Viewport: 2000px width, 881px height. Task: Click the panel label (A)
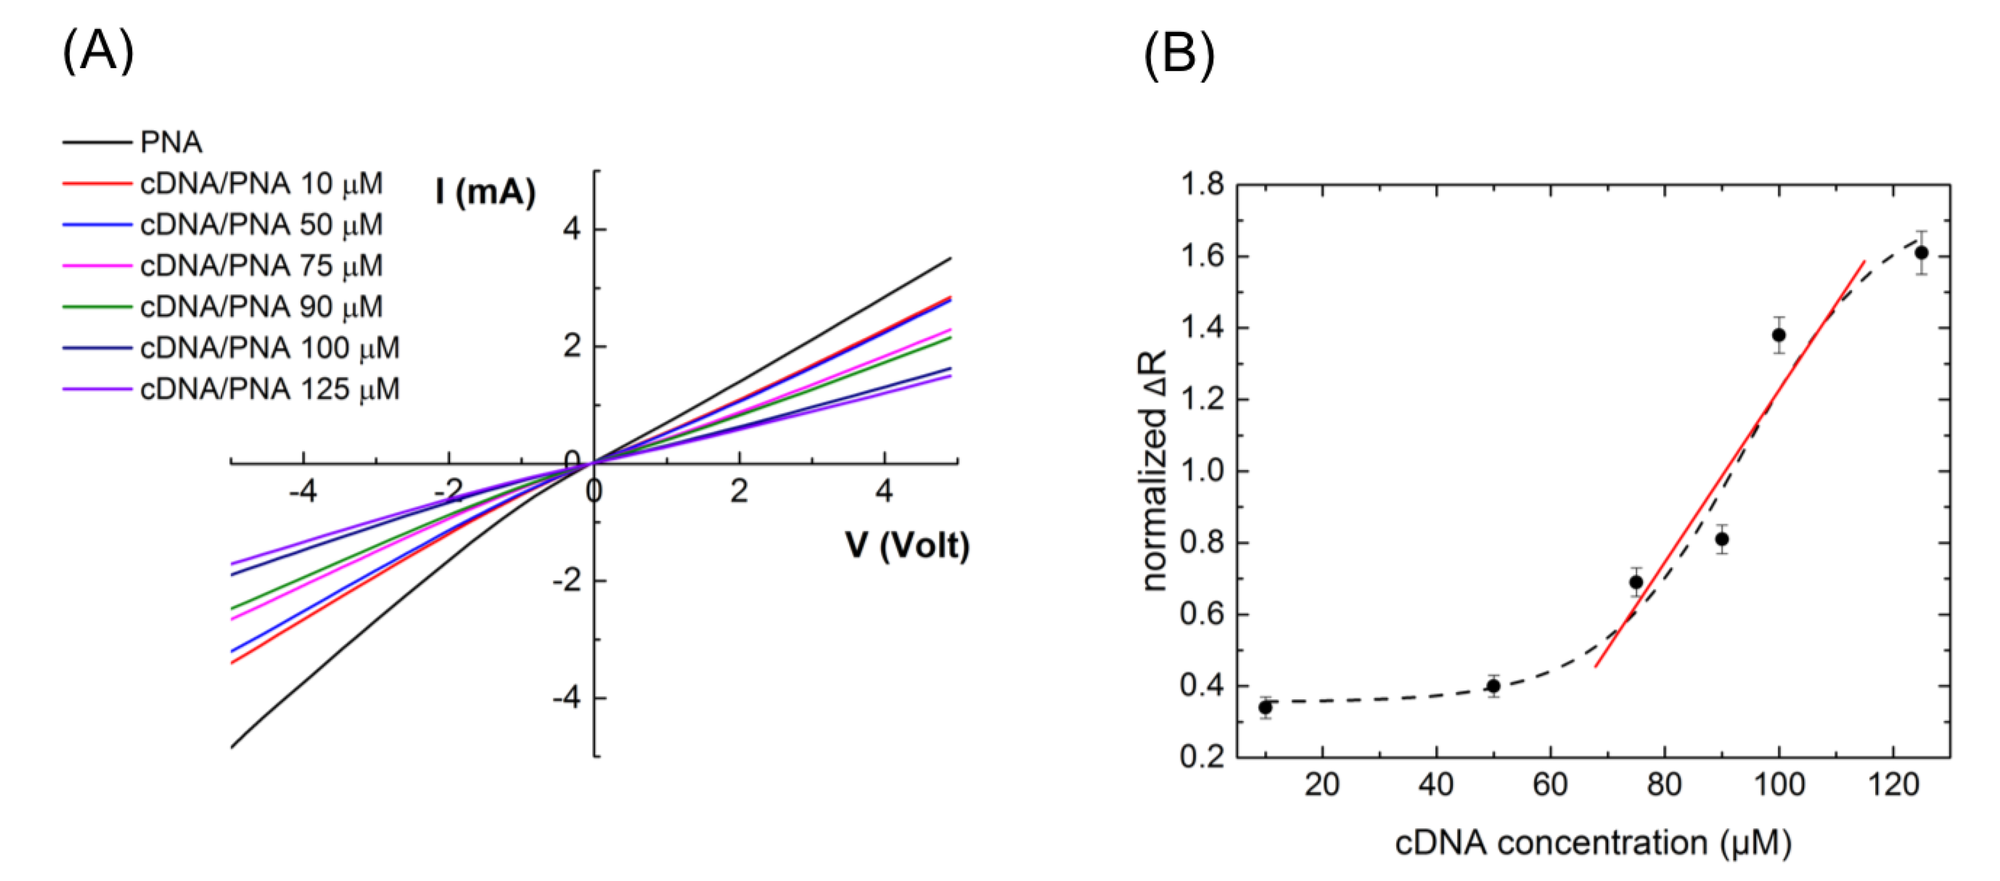pyautogui.click(x=98, y=51)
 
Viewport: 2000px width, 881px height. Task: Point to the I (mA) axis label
pyautogui.click(x=485, y=191)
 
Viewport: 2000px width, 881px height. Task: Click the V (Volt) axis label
pyautogui.click(x=907, y=546)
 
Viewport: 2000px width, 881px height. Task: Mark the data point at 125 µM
pyautogui.click(x=1921, y=252)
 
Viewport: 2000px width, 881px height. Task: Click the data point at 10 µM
pyautogui.click(x=1265, y=707)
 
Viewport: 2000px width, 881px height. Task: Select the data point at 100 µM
pyautogui.click(x=1779, y=335)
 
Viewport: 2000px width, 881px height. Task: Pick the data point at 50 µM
pyautogui.click(x=1493, y=686)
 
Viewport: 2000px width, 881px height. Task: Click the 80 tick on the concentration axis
pyautogui.click(x=1664, y=784)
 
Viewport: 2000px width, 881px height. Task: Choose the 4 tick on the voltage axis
pyautogui.click(x=884, y=491)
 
